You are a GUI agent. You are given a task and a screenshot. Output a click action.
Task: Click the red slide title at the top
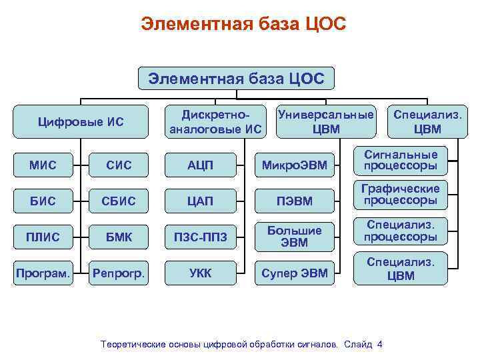243,25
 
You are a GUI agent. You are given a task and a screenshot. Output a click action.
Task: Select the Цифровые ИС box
82,121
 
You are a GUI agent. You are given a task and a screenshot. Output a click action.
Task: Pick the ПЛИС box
43,237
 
